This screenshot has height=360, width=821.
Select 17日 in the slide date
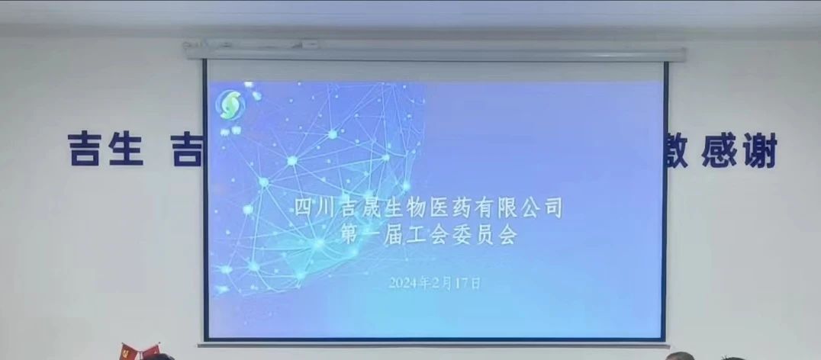click(x=470, y=282)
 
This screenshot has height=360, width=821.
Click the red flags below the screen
click(x=138, y=352)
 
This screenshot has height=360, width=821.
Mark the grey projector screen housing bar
click(x=435, y=54)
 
